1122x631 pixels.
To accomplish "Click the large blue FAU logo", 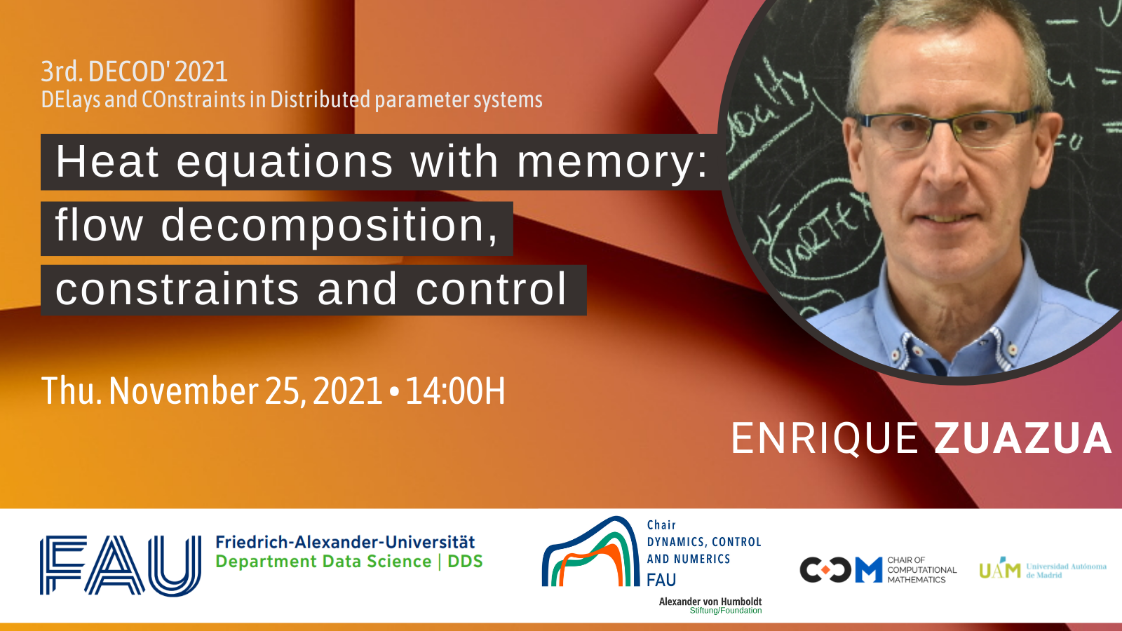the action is click(x=120, y=565).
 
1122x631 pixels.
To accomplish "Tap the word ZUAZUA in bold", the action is click(x=1023, y=439).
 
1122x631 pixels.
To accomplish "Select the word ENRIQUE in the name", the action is click(x=825, y=439).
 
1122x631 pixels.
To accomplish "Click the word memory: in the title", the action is click(x=613, y=161).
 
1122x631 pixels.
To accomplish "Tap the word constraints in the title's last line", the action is click(x=177, y=290).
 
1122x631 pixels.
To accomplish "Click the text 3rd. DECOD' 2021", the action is click(x=134, y=72).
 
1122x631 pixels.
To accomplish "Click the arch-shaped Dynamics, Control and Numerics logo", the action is click(x=590, y=551).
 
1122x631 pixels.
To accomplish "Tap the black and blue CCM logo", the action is click(x=841, y=570).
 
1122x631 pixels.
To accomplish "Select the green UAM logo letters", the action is click(x=1000, y=569).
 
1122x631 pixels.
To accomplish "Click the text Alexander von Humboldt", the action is click(x=710, y=602).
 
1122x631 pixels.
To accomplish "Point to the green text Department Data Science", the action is click(x=323, y=562).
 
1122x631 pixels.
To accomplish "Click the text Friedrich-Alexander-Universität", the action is click(x=345, y=543).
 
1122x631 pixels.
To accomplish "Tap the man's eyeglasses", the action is click(x=947, y=130).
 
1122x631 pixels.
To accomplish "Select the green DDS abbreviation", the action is click(x=465, y=562).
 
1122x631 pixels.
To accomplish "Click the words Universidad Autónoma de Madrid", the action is click(x=1066, y=571).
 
